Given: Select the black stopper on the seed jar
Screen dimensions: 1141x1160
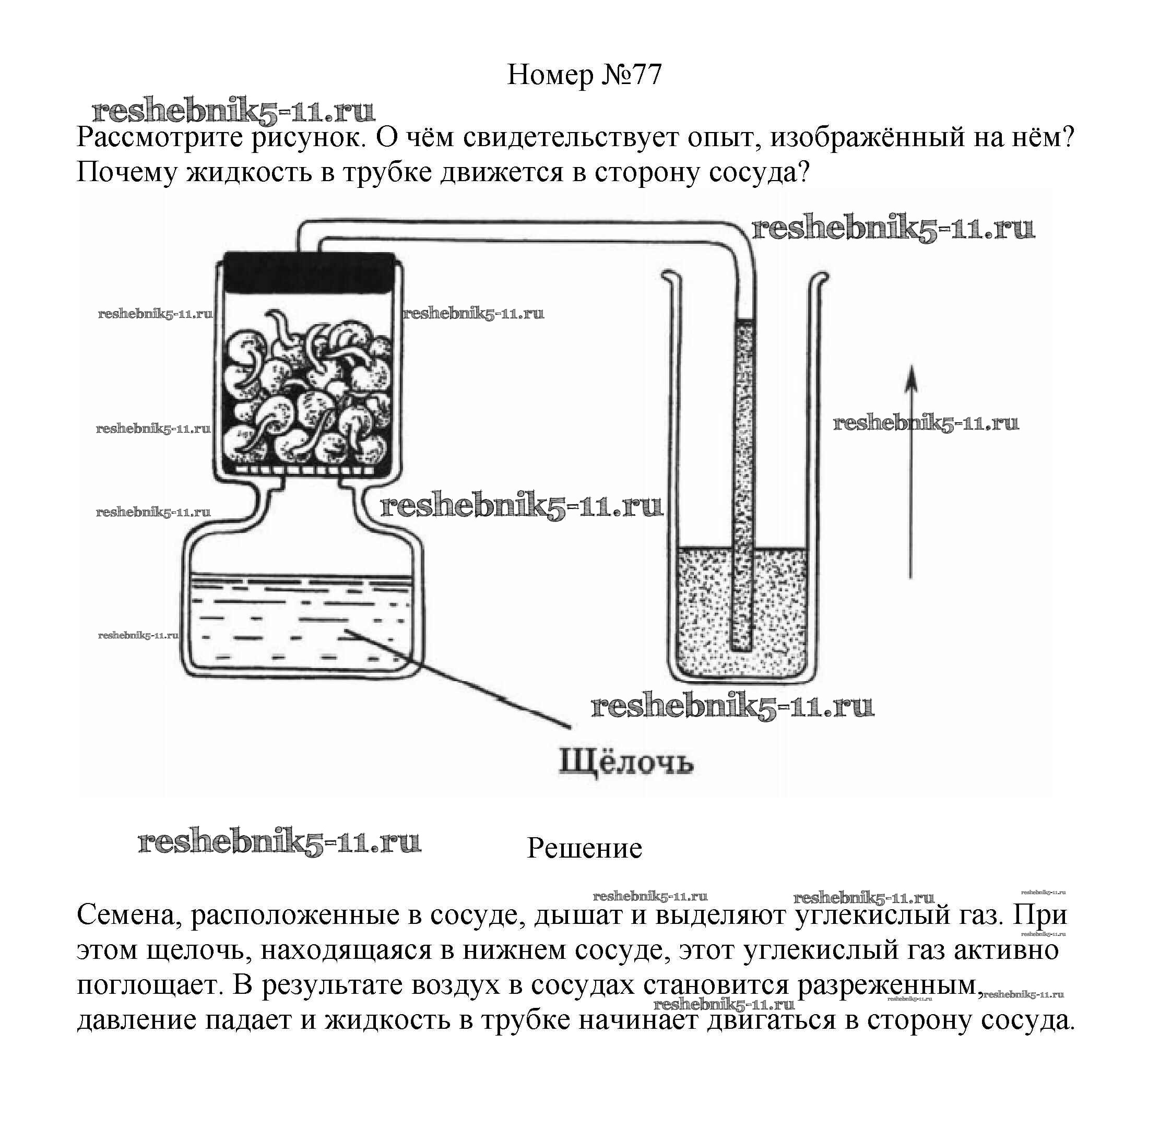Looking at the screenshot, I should (308, 272).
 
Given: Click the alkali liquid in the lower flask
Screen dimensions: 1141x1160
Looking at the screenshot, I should (300, 623).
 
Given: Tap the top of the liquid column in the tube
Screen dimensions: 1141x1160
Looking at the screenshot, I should (743, 324).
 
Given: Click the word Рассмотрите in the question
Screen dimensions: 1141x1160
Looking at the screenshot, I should (159, 138).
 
